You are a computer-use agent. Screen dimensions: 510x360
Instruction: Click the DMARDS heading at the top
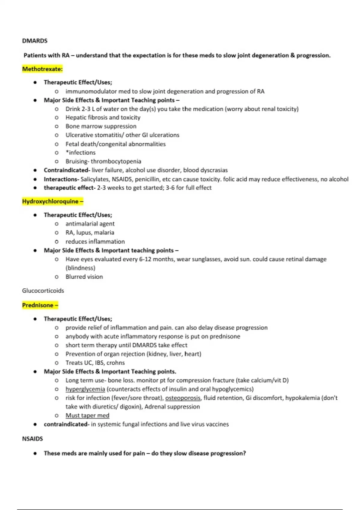click(35, 41)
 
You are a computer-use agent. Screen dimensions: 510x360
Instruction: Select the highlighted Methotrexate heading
click(42, 69)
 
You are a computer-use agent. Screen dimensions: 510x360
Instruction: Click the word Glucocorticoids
click(43, 290)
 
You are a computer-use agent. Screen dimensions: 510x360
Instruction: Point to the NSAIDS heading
click(32, 439)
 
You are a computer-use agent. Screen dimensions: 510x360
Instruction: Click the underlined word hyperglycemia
click(85, 389)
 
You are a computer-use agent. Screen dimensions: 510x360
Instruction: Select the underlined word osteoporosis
click(183, 398)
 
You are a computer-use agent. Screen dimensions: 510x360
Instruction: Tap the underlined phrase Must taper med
click(87, 415)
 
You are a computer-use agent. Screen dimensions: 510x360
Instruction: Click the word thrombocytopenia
click(116, 161)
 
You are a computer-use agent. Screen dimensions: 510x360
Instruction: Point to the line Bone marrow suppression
click(101, 126)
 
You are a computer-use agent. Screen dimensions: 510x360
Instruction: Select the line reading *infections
click(80, 153)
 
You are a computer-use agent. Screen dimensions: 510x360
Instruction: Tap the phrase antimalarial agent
click(90, 224)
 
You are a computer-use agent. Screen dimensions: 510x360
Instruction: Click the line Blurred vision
click(84, 277)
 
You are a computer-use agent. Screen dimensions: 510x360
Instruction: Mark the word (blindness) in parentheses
click(80, 268)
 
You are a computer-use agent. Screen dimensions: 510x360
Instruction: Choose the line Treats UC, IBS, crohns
click(95, 363)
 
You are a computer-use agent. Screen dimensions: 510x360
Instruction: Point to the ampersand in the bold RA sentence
click(292, 55)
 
